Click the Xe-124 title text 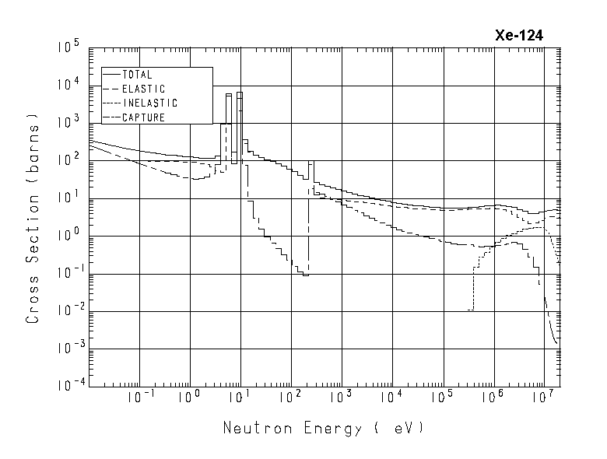click(520, 35)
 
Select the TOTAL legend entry click(138, 75)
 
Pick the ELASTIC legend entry click(143, 89)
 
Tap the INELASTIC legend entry click(149, 103)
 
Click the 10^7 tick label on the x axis click(543, 398)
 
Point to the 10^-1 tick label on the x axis click(135, 398)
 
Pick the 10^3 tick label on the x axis click(341, 398)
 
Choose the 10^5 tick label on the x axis click(442, 398)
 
